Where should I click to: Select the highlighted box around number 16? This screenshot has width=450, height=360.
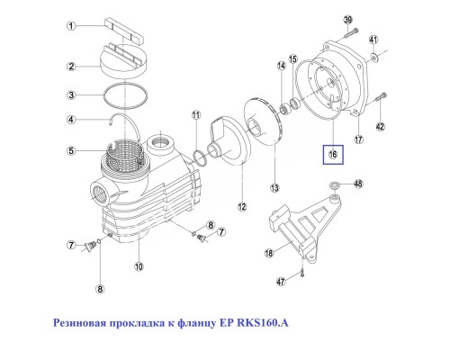[334, 155]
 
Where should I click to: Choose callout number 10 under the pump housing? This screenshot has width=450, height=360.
[139, 266]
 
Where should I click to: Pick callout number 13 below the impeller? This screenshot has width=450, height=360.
[274, 187]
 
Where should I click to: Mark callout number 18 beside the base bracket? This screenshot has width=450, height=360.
[268, 255]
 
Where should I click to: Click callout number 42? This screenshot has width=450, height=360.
[382, 127]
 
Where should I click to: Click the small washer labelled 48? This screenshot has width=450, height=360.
[334, 184]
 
